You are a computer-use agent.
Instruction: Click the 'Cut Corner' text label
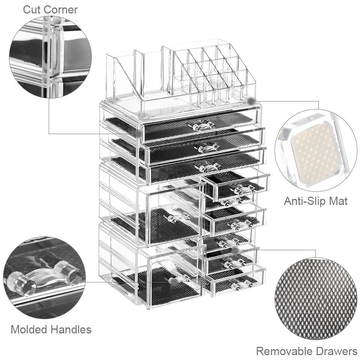[x=50, y=9]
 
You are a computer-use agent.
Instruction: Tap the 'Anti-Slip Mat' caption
[x=315, y=201]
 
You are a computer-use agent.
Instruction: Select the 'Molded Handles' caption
[x=51, y=329]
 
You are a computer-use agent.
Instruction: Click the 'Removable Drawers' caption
[x=306, y=351]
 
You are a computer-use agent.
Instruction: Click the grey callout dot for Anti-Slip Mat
[x=251, y=101]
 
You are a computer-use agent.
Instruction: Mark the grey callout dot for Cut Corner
[x=138, y=133]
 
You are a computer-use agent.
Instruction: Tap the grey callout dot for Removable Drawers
[x=235, y=250]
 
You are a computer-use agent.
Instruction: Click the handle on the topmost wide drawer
[x=202, y=126]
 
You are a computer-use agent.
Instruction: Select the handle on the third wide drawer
[x=210, y=167]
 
